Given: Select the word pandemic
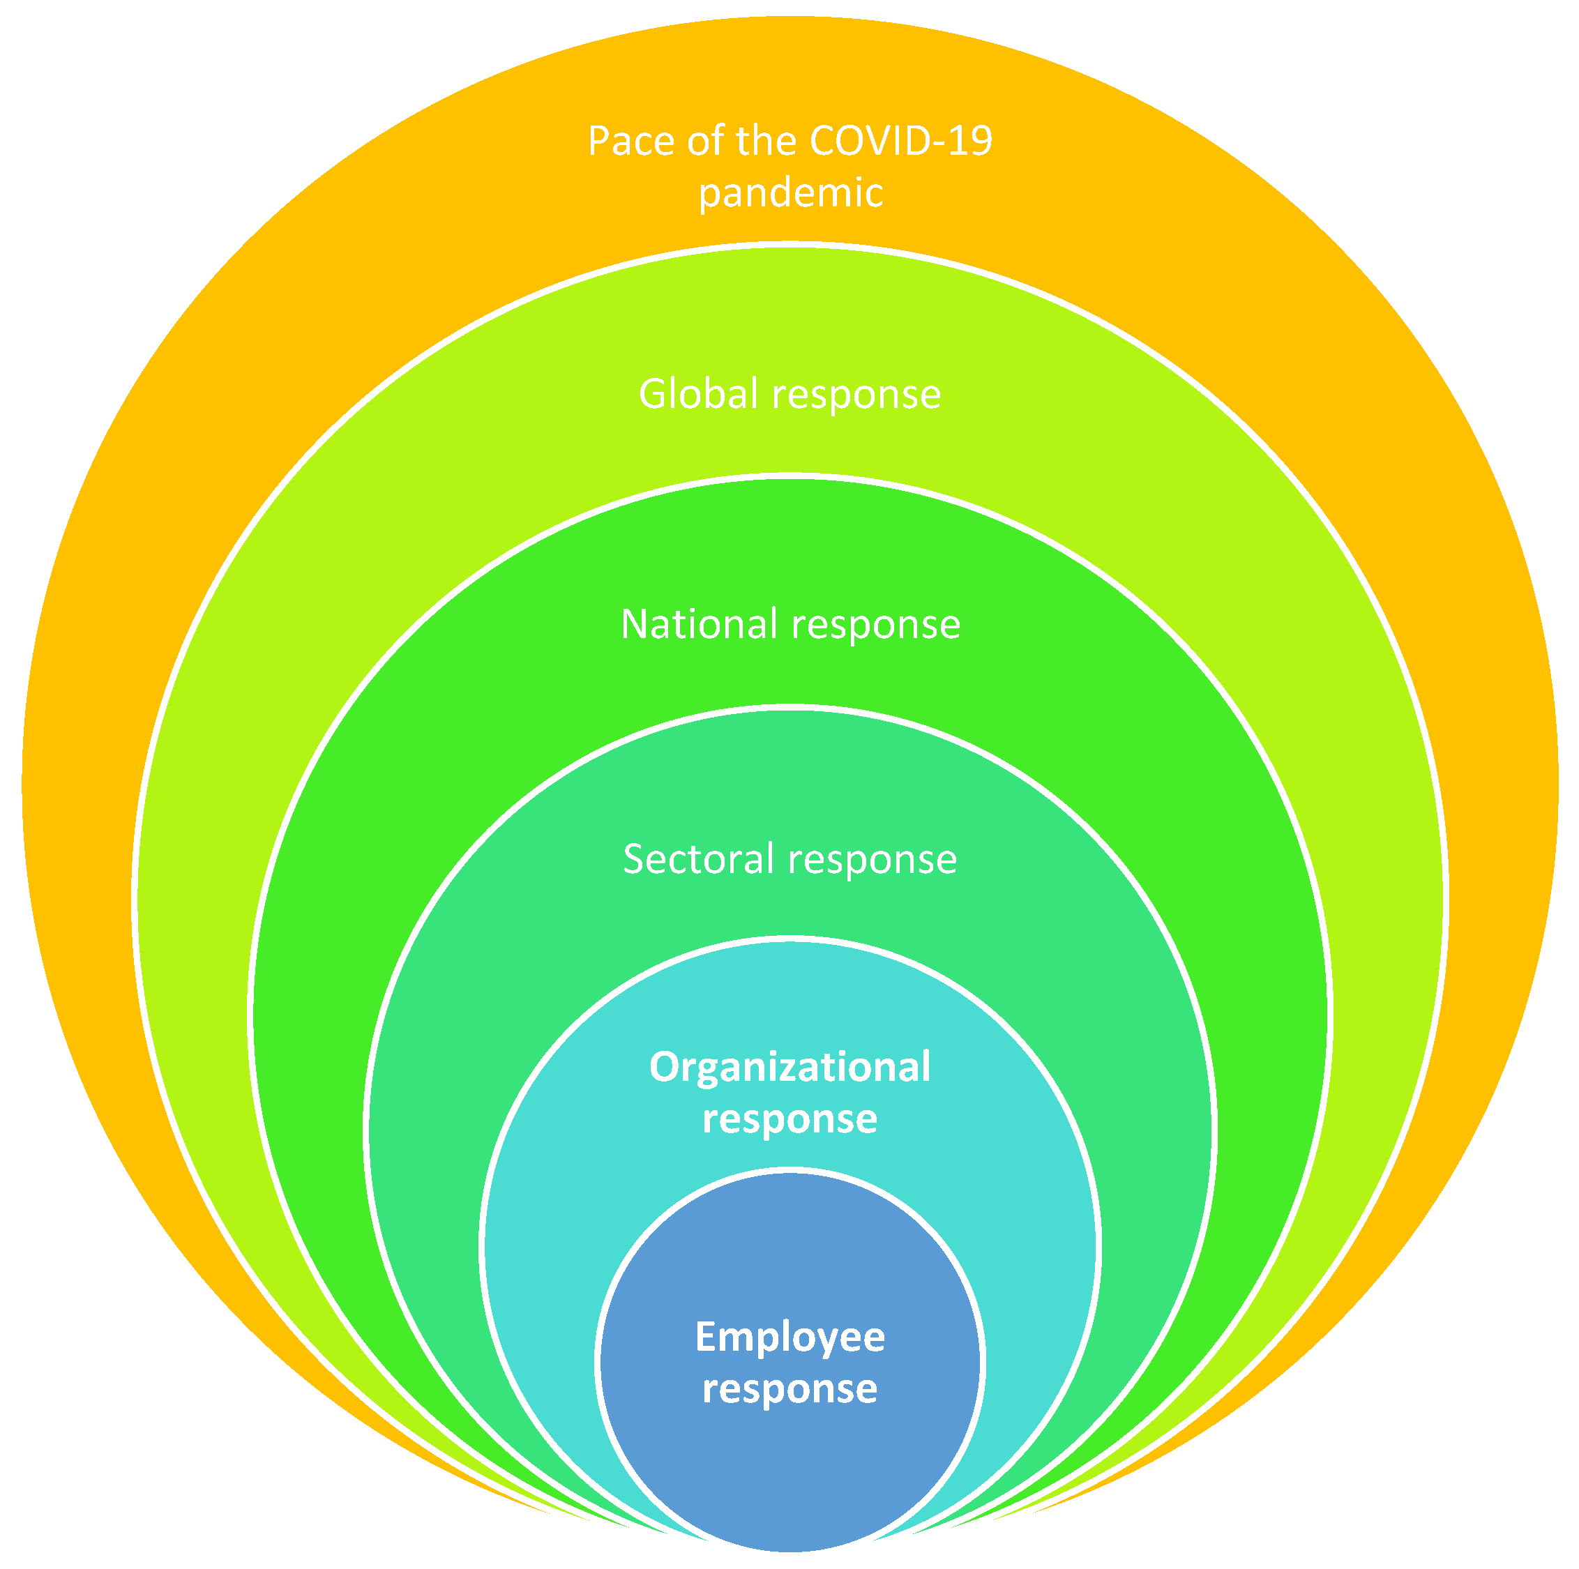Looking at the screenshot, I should click(789, 194).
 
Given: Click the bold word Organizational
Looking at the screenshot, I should click(789, 1067).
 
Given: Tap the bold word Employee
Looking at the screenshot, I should click(789, 1337).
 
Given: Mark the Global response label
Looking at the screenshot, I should click(789, 394).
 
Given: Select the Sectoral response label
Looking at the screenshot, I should click(789, 859).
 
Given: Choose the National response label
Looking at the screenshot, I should click(789, 624).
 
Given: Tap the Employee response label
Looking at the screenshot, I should click(789, 1363).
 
